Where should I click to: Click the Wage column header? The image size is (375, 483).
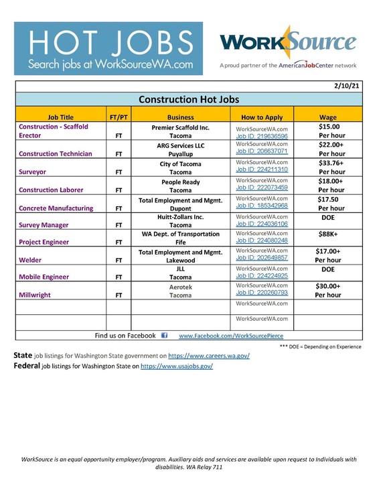coord(327,116)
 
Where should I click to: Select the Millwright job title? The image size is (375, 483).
coord(36,293)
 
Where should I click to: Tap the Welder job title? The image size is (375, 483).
coord(30,259)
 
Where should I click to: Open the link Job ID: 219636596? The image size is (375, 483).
coord(262,135)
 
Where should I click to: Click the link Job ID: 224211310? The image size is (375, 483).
coord(262,170)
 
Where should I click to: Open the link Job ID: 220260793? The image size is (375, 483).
coord(262,292)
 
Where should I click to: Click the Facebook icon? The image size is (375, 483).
coord(165,336)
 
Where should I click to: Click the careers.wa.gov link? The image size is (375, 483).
coord(208,356)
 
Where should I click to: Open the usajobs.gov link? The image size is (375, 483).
coord(176,366)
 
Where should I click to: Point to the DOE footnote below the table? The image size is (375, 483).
coord(321,346)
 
